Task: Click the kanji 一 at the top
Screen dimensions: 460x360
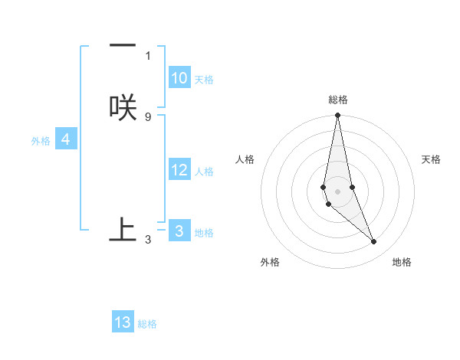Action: [123, 46]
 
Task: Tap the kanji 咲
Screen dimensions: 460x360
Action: [123, 107]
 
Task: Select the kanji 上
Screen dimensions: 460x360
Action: [123, 230]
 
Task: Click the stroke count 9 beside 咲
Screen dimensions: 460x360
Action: [148, 116]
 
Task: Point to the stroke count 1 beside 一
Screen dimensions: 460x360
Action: [148, 55]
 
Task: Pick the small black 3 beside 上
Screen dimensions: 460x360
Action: [148, 240]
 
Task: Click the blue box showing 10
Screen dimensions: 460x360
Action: [179, 78]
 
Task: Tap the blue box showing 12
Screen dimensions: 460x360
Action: [179, 170]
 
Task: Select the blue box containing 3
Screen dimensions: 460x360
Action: [179, 231]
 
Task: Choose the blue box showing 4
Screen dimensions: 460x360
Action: [66, 139]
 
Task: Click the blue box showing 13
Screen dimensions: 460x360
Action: [123, 322]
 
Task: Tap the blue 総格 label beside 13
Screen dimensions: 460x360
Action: [147, 324]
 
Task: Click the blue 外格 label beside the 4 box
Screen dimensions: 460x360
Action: [41, 141]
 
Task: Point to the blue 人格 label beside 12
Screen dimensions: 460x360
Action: [204, 172]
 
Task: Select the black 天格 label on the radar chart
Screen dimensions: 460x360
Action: [432, 159]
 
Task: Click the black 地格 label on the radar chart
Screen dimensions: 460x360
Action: [402, 262]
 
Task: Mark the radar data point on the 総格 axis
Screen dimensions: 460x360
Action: [337, 116]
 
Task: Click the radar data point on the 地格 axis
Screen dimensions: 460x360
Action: [374, 242]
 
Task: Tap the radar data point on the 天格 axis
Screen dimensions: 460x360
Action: [352, 187]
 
